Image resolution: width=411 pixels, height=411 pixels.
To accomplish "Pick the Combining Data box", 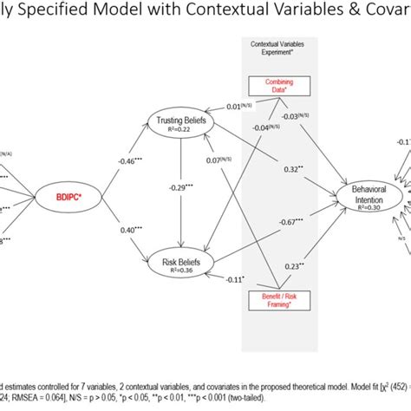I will [x=279, y=84].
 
